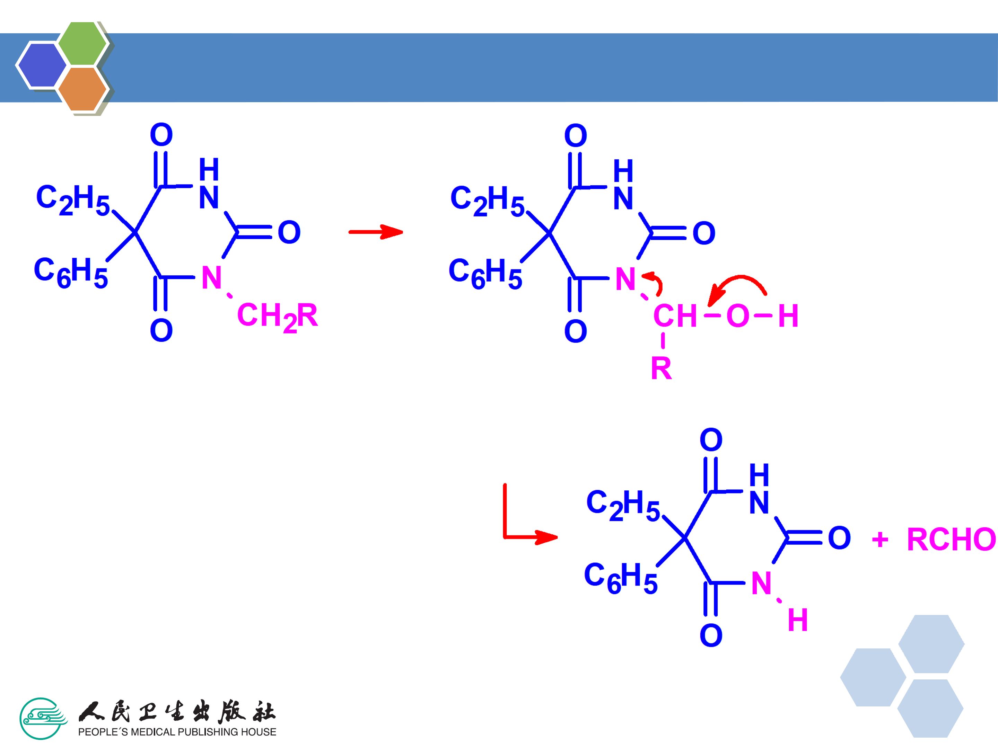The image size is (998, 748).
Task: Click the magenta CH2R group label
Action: point(277,316)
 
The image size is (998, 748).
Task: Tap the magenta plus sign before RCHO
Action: point(880,539)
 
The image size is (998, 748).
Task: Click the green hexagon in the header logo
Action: point(82,43)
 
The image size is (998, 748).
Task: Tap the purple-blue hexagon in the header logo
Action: point(42,65)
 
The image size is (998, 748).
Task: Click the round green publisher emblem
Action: point(42,719)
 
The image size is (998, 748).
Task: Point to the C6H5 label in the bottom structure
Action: point(620,577)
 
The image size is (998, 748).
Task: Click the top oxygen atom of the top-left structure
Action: point(161,134)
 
